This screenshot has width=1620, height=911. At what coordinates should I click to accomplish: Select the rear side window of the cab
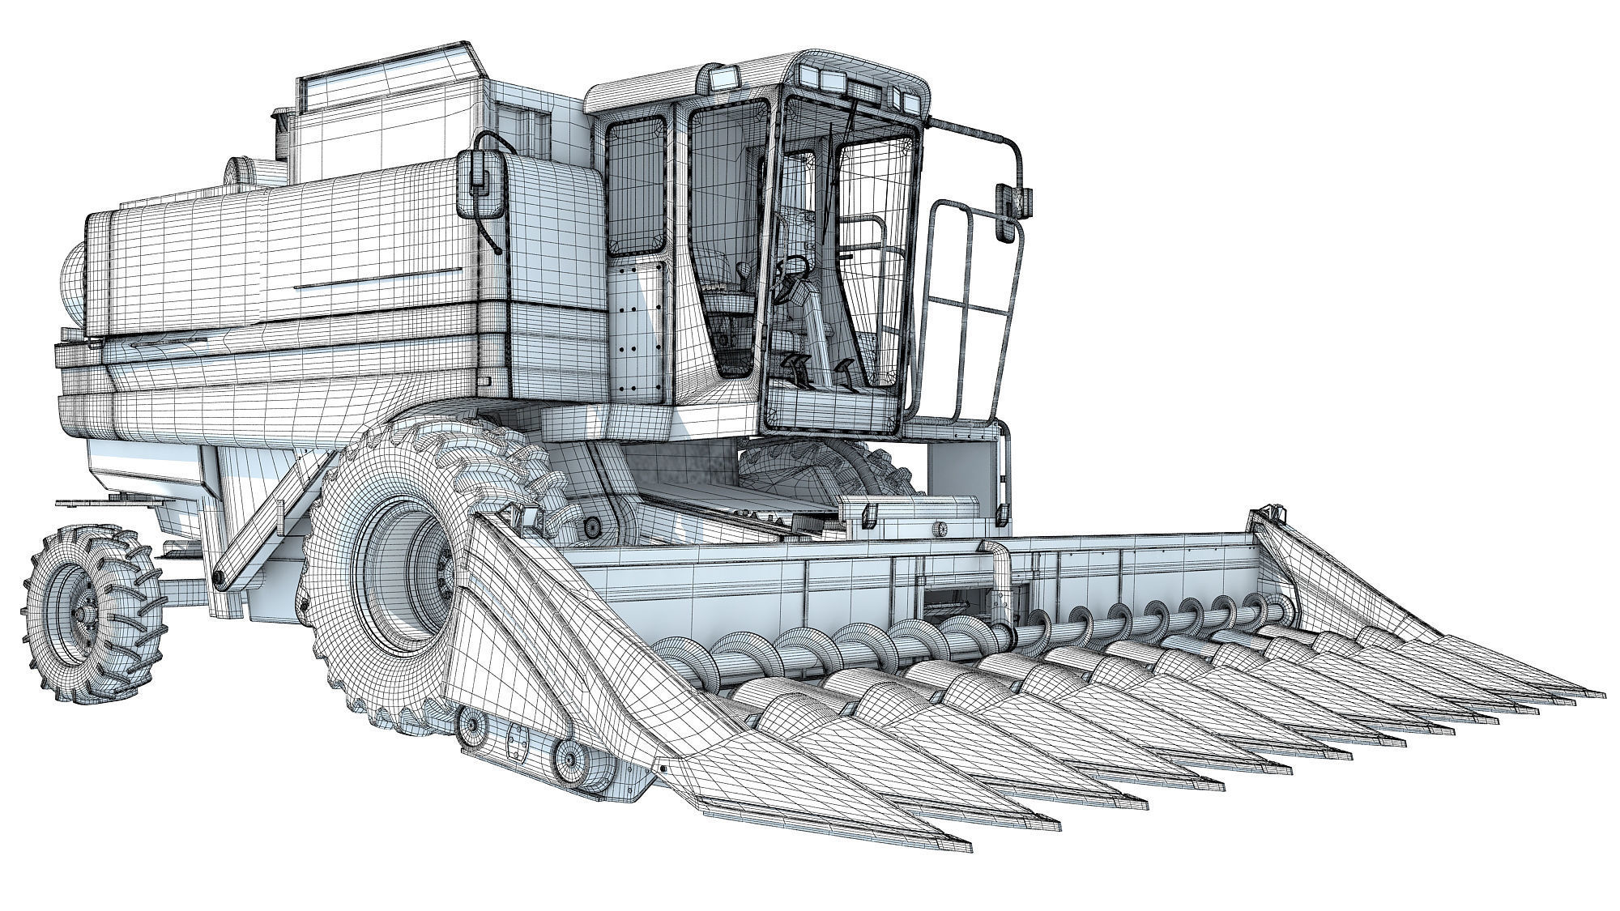tap(636, 186)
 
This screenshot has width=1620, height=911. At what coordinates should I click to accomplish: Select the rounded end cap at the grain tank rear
tap(73, 283)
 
